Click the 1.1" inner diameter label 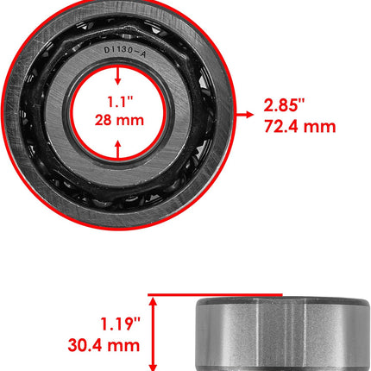120,102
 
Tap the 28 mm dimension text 119,120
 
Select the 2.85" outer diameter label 284,104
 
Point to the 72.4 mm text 300,126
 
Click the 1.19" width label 120,324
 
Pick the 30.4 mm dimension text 104,345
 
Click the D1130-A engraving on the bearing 125,52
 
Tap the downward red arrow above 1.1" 117,76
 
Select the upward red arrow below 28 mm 118,149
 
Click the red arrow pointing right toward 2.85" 245,115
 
